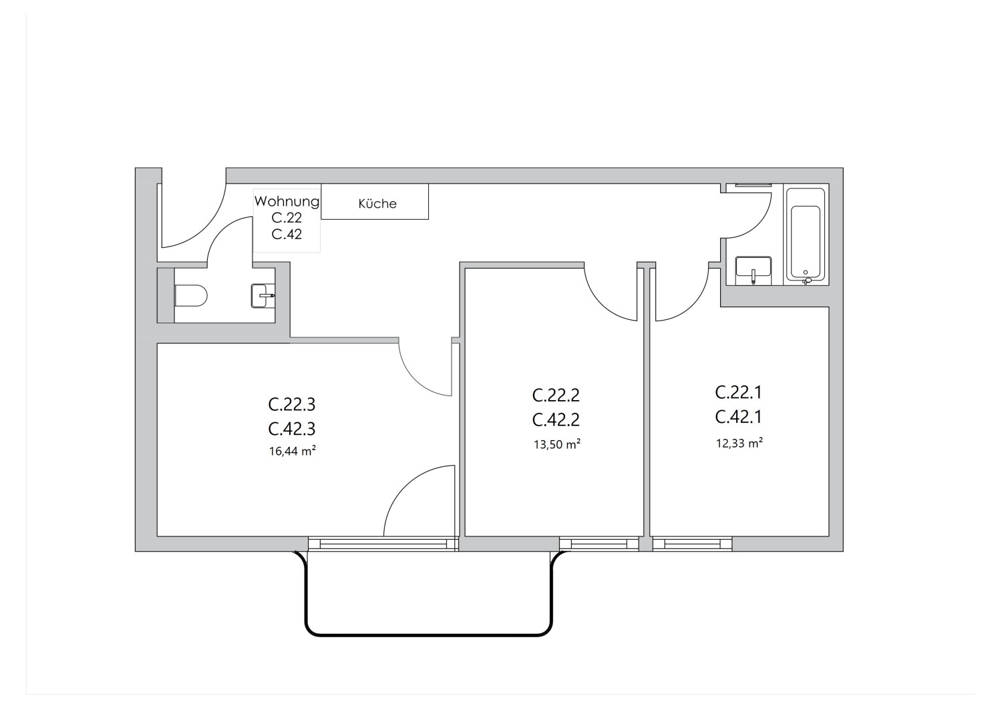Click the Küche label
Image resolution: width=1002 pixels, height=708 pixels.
[377, 204]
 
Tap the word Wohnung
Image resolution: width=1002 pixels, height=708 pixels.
[287, 201]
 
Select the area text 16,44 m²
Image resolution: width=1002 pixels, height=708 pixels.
[292, 452]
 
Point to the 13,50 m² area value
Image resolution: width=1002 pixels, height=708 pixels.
[556, 444]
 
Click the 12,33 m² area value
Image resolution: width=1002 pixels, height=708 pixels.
[739, 443]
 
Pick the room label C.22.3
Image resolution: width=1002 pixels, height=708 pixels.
[292, 404]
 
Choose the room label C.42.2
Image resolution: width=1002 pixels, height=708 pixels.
[556, 419]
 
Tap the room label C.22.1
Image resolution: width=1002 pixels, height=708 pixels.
[738, 391]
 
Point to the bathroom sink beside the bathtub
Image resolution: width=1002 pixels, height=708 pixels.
[753, 269]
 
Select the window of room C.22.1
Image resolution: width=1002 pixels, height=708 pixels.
[692, 544]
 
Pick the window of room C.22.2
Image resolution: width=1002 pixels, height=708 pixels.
[599, 544]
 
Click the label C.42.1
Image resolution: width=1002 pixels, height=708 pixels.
[738, 417]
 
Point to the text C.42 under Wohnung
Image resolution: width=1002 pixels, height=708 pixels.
[287, 234]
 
